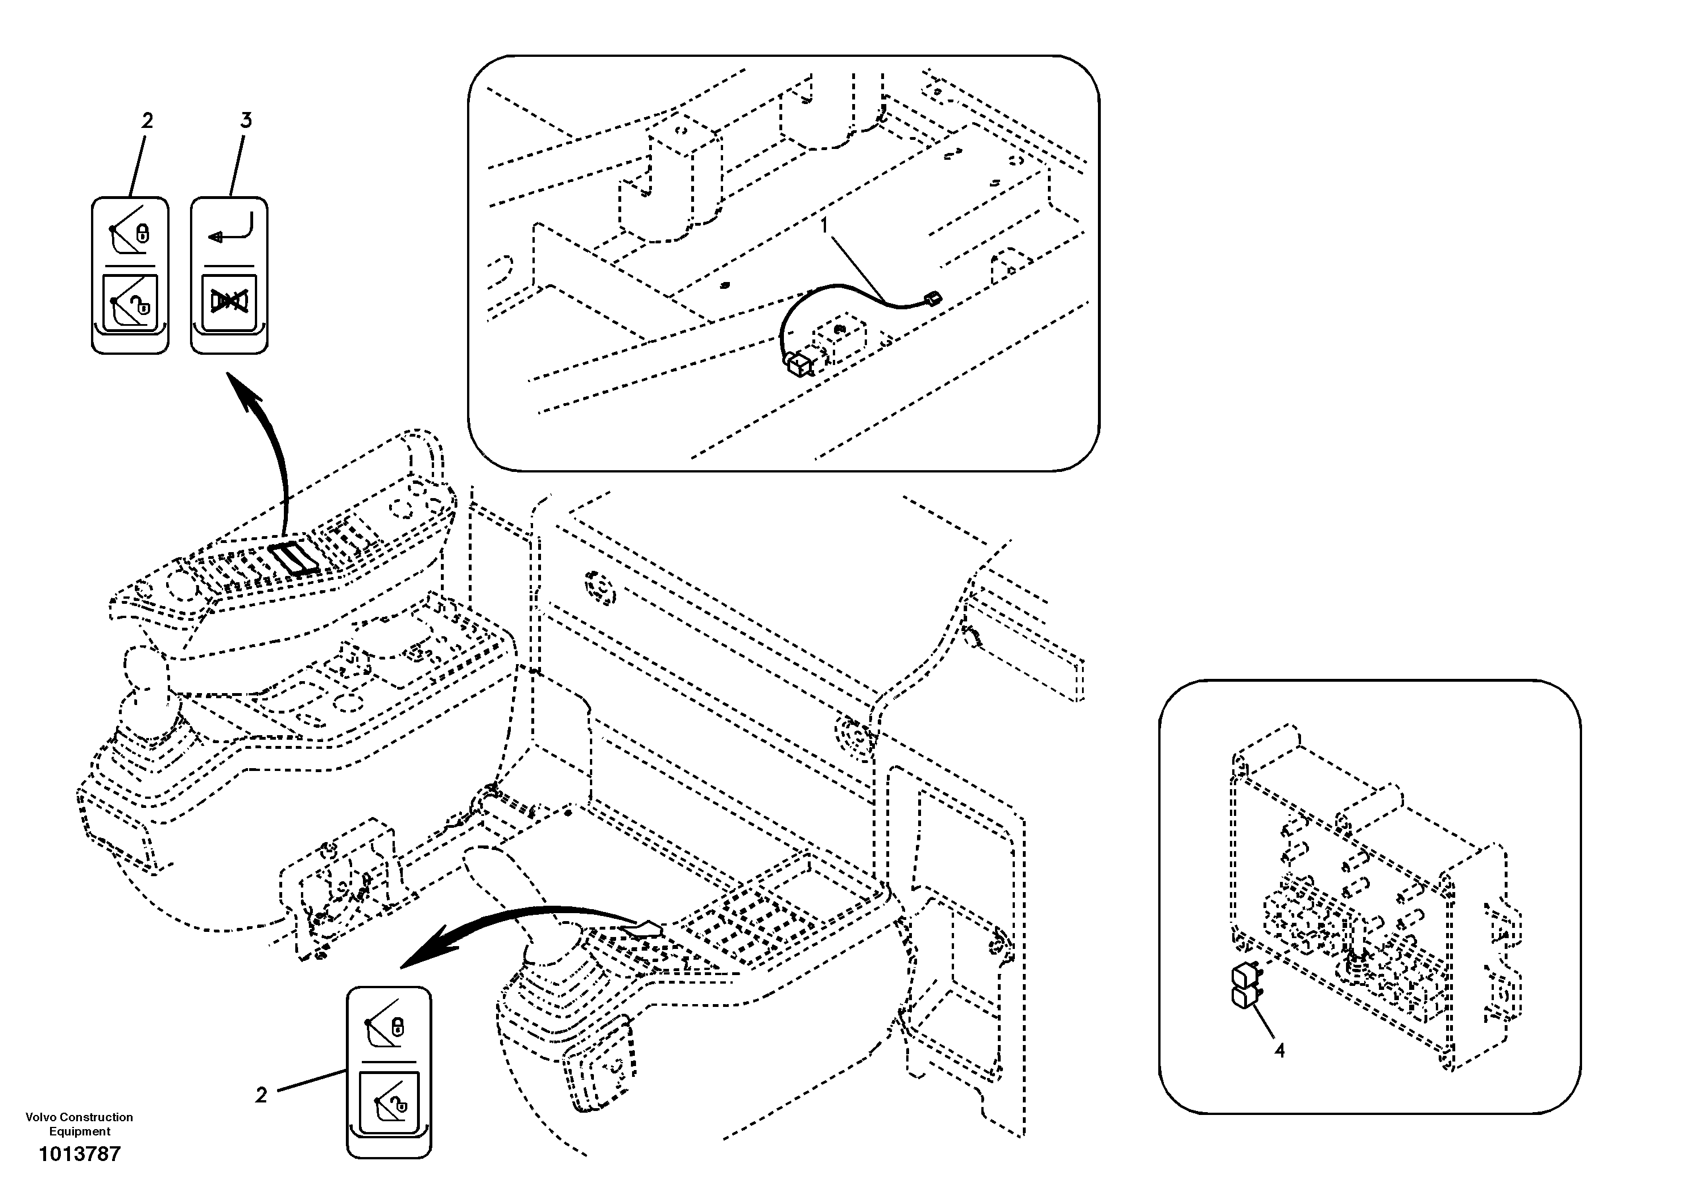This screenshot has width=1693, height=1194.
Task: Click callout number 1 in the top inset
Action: coord(825,224)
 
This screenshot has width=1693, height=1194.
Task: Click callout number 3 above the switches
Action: coord(246,120)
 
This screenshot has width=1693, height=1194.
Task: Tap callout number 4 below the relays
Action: coord(1279,1050)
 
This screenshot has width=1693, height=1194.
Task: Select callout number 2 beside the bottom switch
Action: coord(261,1095)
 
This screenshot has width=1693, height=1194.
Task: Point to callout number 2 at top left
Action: coord(147,120)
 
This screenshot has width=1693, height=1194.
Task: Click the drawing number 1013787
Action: coord(79,1154)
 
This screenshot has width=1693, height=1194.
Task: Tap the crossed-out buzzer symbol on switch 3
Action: coord(229,301)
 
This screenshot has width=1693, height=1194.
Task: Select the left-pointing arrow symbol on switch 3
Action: coord(230,229)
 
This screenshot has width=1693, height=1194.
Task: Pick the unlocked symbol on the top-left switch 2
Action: coord(130,301)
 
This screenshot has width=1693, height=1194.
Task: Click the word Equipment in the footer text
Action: coord(80,1132)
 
